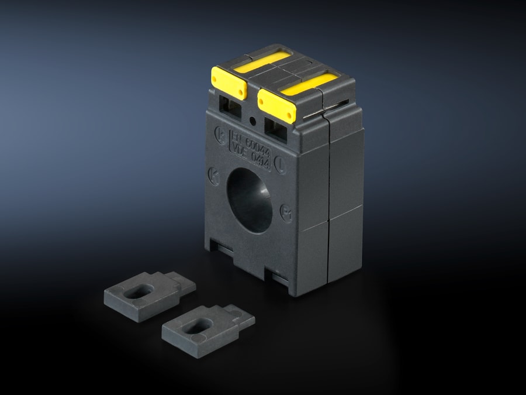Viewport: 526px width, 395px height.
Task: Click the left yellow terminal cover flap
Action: click(x=229, y=84)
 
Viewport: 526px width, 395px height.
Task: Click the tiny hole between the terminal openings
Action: click(x=252, y=121)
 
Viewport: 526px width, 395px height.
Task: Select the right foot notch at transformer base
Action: click(x=276, y=276)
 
